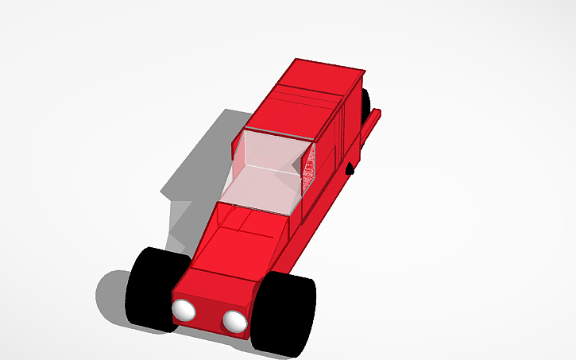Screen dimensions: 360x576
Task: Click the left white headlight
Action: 184,310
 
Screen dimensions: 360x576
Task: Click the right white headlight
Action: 234,320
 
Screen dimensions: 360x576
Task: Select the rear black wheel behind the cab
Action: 365,103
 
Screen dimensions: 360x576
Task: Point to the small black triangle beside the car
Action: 350,168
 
